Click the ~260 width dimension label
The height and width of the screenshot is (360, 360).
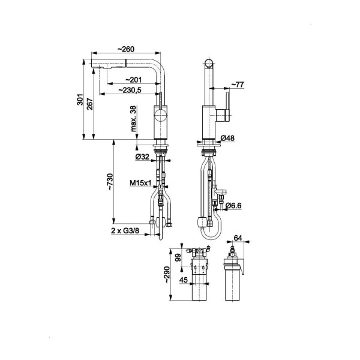(126, 49)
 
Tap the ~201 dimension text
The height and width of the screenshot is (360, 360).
(133, 80)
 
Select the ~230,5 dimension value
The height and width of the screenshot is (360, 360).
(130, 90)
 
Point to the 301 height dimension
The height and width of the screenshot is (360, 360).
(80, 100)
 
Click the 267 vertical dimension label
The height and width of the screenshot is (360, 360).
(90, 104)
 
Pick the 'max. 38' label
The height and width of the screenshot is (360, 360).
(133, 118)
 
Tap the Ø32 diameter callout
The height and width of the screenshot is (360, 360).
(142, 157)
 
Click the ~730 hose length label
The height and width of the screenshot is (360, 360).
(110, 181)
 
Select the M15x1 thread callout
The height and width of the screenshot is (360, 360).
(140, 183)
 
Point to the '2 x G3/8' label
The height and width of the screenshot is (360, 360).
(125, 230)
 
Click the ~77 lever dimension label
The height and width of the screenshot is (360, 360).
(237, 85)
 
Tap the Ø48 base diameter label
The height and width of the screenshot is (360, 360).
(227, 138)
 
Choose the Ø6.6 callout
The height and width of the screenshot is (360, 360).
(233, 206)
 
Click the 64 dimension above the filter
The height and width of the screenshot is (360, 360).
(238, 238)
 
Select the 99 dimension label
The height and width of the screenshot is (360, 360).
(178, 257)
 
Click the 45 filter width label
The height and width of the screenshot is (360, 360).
(184, 280)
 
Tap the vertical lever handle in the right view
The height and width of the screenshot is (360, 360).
(227, 107)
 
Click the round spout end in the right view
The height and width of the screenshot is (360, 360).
(209, 64)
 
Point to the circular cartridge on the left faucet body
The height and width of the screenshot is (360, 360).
(160, 115)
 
